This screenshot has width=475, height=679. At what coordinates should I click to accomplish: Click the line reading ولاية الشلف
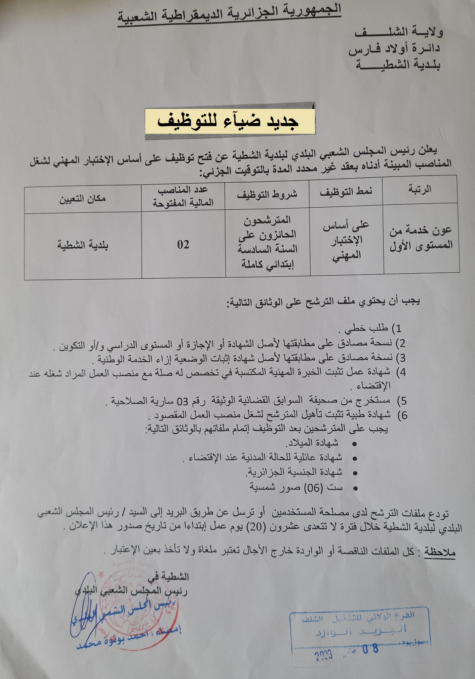pos(399,32)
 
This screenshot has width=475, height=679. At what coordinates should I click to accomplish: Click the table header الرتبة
pos(420,189)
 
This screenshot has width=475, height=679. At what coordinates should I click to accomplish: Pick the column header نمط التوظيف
pos(346,192)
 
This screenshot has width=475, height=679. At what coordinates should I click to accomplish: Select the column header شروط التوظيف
pos(267,194)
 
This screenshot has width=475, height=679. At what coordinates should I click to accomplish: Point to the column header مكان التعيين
pos(82,199)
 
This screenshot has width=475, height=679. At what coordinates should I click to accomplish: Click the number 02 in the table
pos(183,244)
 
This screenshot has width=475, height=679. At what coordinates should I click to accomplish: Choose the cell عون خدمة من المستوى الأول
pos(421,238)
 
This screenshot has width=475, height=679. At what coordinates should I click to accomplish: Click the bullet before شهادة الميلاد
pos(354,444)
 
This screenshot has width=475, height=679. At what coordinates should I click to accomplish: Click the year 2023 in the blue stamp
pos(323,655)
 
